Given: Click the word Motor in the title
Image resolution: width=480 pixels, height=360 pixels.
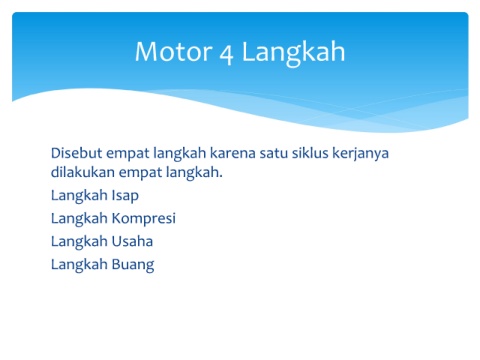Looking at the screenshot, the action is coord(174,51).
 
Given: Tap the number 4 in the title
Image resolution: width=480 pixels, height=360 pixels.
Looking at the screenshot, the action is coord(226,54).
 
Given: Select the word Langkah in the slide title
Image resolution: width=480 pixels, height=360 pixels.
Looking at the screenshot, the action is coord(293,53).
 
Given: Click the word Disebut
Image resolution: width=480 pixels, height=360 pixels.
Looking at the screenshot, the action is coord(77,153).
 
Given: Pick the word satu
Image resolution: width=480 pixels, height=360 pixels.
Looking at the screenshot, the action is coord(274,153).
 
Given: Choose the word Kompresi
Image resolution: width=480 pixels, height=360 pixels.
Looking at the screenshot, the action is coord(144,219).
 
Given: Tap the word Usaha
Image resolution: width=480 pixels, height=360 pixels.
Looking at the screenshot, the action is coord(132,241).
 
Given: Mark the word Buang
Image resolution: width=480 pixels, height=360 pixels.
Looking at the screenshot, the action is coord(133,265).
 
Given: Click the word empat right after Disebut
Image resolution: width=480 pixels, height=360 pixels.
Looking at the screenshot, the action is coord(128,154).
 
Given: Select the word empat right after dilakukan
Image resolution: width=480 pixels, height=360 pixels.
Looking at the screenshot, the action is coord(140,174).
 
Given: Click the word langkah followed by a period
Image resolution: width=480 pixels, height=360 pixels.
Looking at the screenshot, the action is coord(192,174).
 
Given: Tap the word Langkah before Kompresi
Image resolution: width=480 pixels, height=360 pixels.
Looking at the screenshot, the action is coord(79,220).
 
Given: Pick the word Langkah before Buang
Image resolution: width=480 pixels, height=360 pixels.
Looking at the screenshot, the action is coord(79,266).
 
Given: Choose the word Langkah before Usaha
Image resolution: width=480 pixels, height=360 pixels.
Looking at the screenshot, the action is coord(79,243).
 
